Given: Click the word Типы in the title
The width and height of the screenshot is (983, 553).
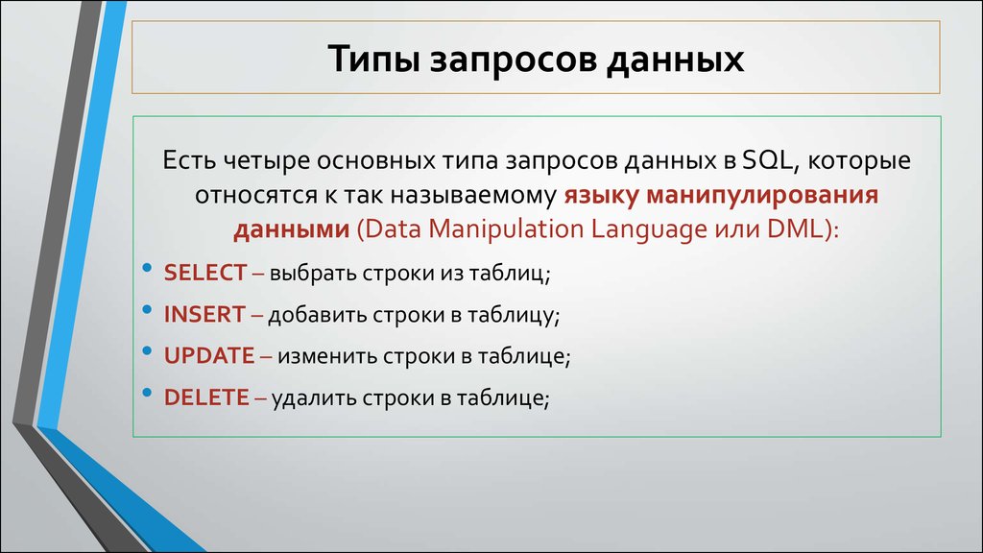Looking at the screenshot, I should coord(369,60).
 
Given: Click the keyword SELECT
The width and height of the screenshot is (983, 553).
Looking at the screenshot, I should coord(205,273).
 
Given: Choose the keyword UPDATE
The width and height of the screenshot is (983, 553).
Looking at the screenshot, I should coord(208,355).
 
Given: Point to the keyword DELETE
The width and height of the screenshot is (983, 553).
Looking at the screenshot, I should coord(206,397).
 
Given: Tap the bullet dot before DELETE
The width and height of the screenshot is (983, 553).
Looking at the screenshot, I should coord(146,391).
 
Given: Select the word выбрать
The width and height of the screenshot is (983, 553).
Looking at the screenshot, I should coord(313,274).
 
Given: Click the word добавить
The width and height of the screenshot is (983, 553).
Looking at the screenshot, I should coord(312,315).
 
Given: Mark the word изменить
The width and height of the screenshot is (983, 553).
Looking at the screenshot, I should coord(322,356).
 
